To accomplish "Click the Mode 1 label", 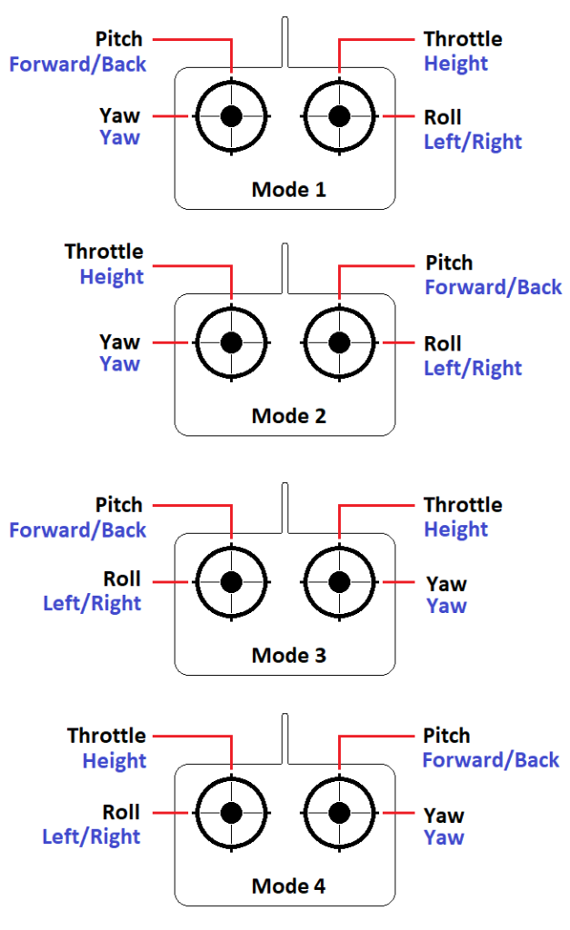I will pos(288,190).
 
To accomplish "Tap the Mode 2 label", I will pos(288,416).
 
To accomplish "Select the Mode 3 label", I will pos(288,655).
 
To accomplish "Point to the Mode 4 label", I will pos(288,885).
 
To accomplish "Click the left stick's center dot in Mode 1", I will pos(232,116).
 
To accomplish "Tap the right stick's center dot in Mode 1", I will pos(340,116).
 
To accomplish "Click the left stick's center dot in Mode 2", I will pos(232,342).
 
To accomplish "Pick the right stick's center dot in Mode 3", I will pos(340,581).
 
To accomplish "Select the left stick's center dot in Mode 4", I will pos(232,812).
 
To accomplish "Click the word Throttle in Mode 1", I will pos(463,39).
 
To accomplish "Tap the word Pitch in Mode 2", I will pos(449,262).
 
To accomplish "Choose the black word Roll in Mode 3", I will pos(122,579).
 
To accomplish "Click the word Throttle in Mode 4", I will pos(106,735).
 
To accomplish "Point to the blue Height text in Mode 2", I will pos(112,276).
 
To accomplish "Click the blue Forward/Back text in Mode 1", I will pos(77,64).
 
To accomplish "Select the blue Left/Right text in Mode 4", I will pos(92,836).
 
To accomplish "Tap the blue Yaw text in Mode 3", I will pos(445,606).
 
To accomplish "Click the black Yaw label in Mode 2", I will pos(120,341).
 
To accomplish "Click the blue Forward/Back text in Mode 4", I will pos(491,759).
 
